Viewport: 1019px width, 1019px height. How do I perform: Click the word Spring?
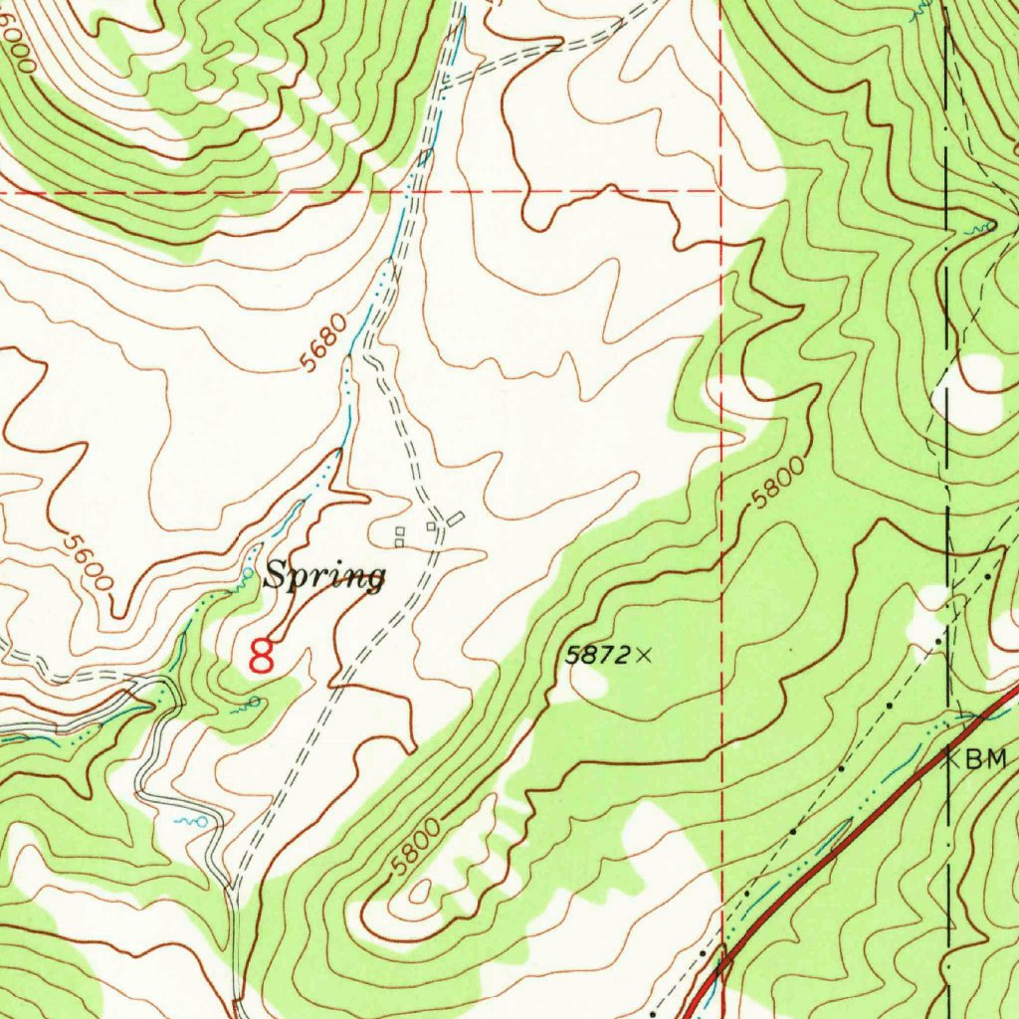pos(324,576)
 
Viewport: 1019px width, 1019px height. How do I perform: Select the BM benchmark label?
pos(986,760)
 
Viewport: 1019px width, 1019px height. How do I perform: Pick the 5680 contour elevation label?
pos(325,342)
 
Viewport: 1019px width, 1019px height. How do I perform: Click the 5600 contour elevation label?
pos(86,564)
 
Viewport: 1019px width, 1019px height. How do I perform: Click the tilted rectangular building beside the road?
pos(456,518)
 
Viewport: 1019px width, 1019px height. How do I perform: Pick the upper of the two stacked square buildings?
pos(399,531)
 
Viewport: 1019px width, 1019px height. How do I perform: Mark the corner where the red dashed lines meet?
pos(720,189)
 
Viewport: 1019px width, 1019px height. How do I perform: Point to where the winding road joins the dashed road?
pos(233,889)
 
